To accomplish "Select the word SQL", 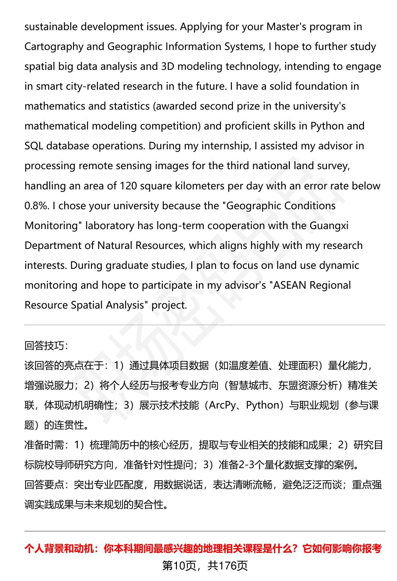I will (34, 146).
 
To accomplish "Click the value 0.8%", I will (36, 206).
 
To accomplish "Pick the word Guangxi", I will (329, 226).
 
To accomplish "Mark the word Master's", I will (287, 27).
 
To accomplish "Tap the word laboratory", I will (110, 226).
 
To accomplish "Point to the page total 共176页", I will (228, 566).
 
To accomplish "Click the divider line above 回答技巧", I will (204, 325).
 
